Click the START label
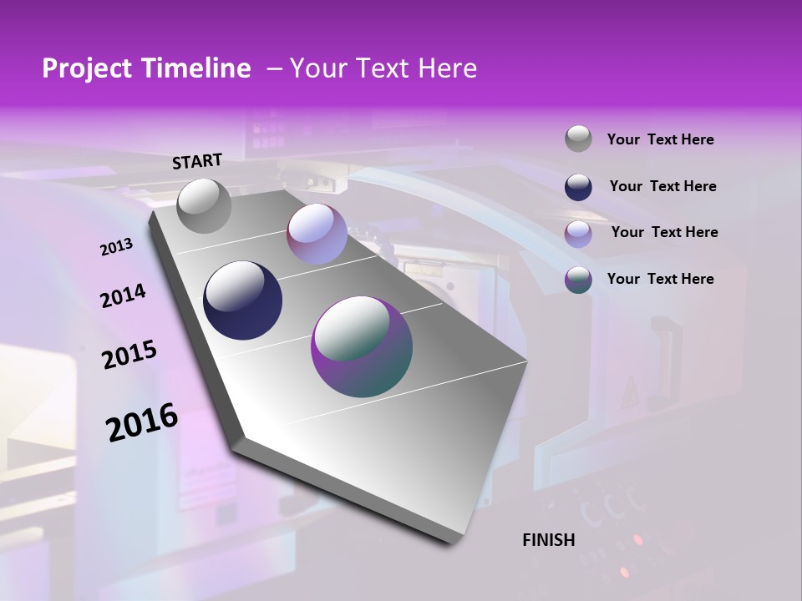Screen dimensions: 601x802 coord(197,161)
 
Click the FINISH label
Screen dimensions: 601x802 coord(549,540)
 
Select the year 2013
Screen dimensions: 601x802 coord(117,247)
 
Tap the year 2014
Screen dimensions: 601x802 coord(123,295)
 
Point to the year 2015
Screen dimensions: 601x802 coord(129,355)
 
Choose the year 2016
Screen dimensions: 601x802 coord(142,422)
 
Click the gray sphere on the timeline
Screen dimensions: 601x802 coord(205,205)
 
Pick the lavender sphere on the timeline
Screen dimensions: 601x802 coord(317,234)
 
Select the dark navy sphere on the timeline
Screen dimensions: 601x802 coord(243,300)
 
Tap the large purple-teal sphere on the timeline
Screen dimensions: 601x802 coord(362,346)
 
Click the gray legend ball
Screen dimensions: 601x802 coord(578,139)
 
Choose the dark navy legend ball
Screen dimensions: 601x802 coord(578,187)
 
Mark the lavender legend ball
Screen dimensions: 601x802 coord(578,234)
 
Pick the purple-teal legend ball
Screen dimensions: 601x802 coord(578,280)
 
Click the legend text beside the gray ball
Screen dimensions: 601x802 coord(660,139)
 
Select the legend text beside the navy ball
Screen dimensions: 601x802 coord(662,186)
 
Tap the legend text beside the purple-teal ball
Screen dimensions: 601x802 coord(660,279)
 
